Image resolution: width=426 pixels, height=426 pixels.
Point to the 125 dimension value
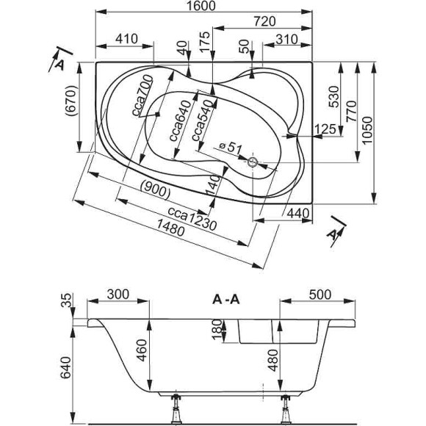click(x=324, y=130)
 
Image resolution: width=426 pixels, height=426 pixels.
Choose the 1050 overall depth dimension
click(x=382, y=130)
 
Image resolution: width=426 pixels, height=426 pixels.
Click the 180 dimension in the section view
click(x=214, y=330)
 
